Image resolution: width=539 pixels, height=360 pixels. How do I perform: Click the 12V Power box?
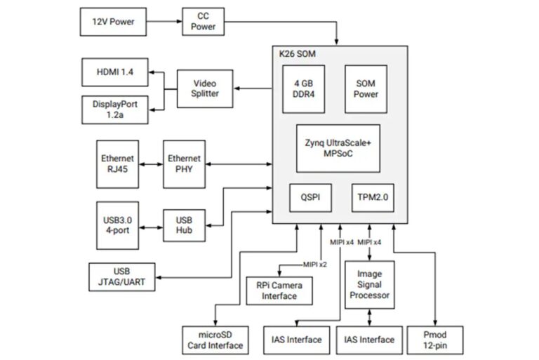click(112, 22)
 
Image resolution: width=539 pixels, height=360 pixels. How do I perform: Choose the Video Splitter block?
click(206, 88)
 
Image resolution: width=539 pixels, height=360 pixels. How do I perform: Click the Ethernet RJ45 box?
click(117, 164)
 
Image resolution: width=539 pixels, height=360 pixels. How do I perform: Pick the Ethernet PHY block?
click(183, 164)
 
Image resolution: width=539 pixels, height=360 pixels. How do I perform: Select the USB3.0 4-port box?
click(117, 225)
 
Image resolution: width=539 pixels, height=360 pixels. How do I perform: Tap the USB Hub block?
click(183, 225)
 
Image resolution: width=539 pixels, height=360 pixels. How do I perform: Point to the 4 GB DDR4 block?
click(303, 89)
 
